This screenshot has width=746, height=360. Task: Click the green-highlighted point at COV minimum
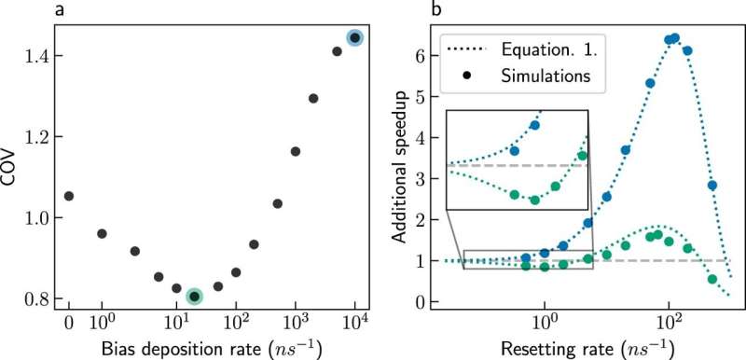194,297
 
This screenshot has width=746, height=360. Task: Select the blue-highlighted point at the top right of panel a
354,37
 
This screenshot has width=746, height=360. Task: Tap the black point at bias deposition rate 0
69,196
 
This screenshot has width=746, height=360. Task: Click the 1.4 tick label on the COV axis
34,56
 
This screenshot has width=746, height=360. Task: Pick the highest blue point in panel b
675,38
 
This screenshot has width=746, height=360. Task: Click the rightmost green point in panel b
712,279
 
